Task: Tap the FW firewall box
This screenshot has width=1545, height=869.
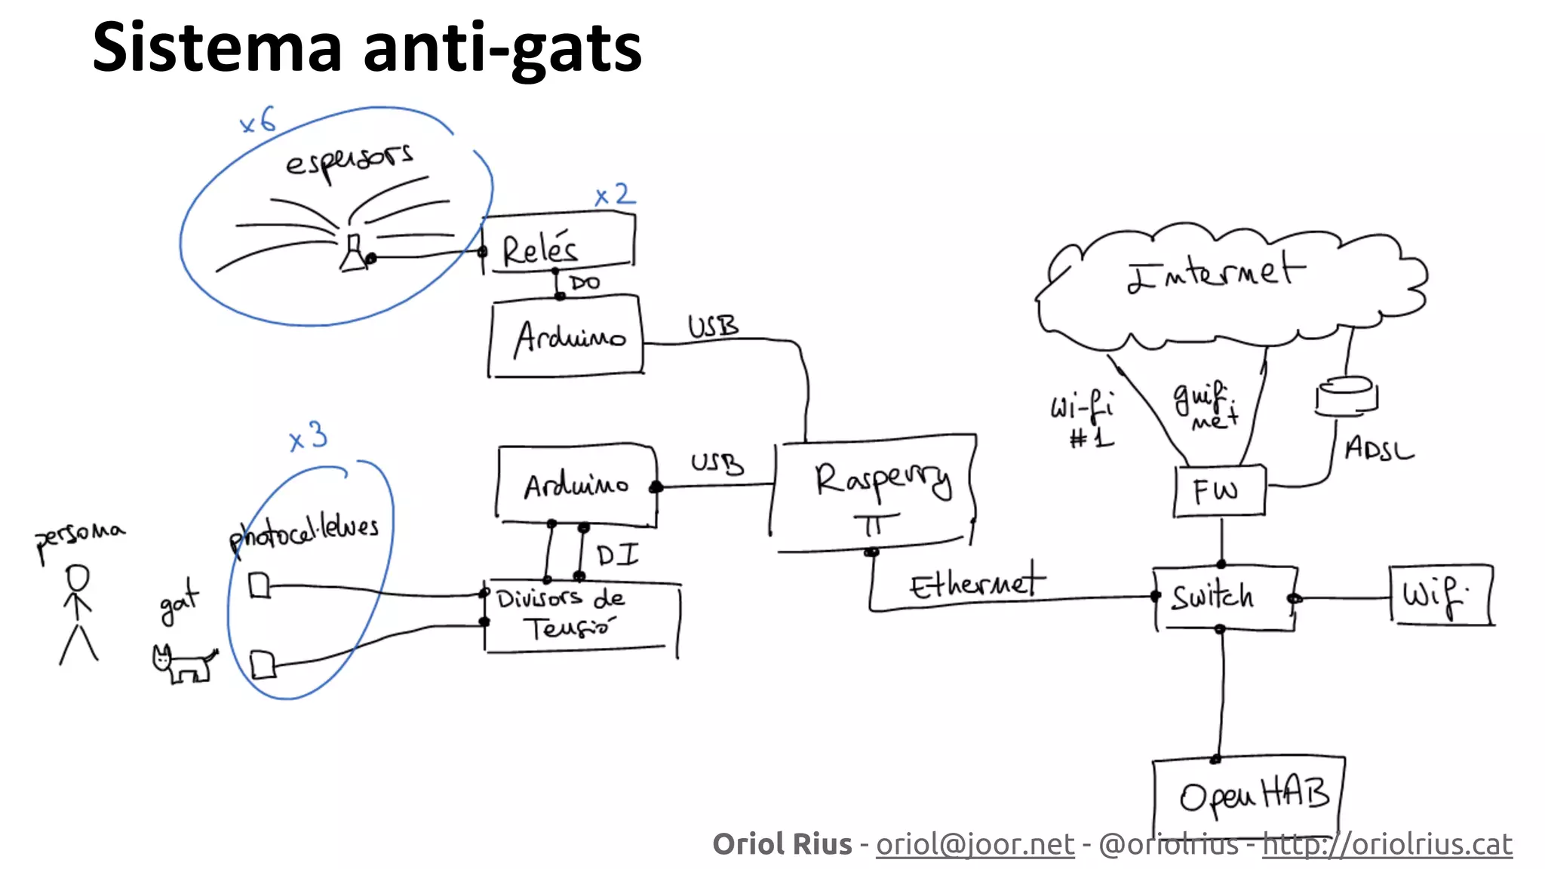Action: coord(1219,491)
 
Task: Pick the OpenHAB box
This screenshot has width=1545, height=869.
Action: coord(1249,796)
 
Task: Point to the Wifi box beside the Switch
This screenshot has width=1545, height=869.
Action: coord(1440,596)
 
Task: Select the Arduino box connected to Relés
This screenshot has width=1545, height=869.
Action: coord(566,336)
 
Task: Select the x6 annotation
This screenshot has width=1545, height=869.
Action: coord(257,121)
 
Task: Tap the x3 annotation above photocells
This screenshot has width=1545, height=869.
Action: coord(309,437)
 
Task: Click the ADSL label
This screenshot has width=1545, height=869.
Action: coord(1378,449)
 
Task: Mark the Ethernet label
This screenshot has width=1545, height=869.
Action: coord(977,583)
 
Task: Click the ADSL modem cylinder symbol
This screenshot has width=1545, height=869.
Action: coord(1347,396)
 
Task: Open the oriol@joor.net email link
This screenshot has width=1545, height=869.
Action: coord(975,844)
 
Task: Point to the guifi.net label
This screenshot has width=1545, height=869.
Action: coord(1205,405)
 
